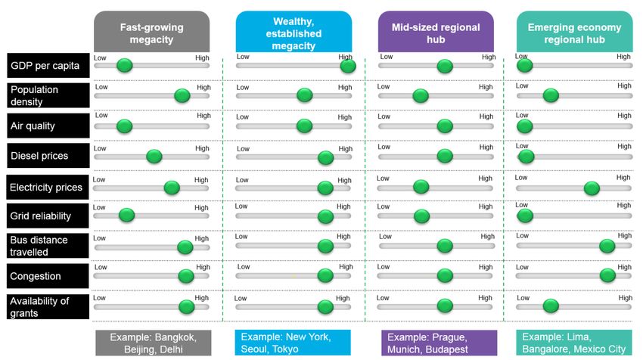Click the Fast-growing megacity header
pos(151,32)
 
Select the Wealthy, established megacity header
pos(294,32)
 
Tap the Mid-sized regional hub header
pos(436,32)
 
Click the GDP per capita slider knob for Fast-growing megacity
pos(124,67)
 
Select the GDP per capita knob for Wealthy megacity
pos(348,67)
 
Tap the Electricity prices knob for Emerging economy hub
pos(592,188)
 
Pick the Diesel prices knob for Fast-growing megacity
pos(154,157)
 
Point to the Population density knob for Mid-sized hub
pos(421,96)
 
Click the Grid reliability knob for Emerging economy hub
pos(524,216)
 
